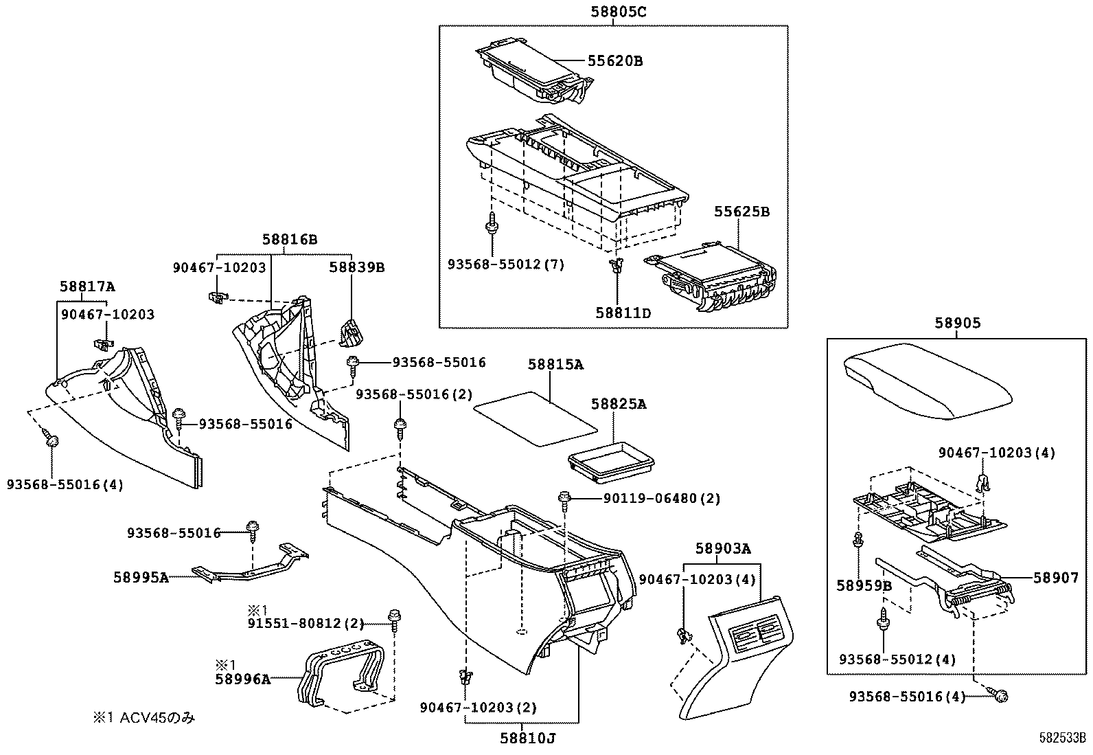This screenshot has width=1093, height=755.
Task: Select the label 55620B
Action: point(614,60)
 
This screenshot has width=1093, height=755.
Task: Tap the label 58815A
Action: point(555,365)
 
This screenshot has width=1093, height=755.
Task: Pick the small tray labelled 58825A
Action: point(611,458)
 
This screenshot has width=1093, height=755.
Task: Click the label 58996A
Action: point(242,679)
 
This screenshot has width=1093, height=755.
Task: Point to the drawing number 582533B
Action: point(1061,739)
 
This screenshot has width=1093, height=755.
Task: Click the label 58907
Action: point(1056,578)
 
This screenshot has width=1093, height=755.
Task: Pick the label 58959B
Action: point(864,585)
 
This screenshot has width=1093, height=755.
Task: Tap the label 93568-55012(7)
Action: point(506,264)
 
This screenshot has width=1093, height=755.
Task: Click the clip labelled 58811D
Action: point(617,265)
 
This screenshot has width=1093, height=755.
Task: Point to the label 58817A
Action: point(87,286)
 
